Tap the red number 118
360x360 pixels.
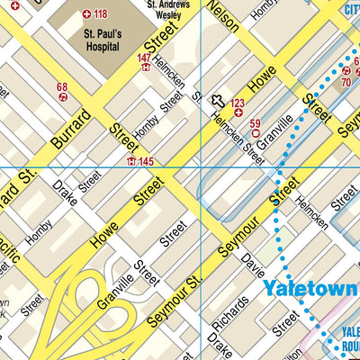99,14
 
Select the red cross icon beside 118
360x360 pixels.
86,14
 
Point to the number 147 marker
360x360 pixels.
144,58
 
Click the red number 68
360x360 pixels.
62,87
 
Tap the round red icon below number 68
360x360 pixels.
62,98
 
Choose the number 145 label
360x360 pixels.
146,161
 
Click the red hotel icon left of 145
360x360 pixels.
131,161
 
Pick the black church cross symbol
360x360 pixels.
217,102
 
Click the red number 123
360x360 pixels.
238,103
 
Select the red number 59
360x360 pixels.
255,123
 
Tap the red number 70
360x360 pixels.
346,82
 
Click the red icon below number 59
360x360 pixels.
255,135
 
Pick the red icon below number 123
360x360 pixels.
238,114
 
